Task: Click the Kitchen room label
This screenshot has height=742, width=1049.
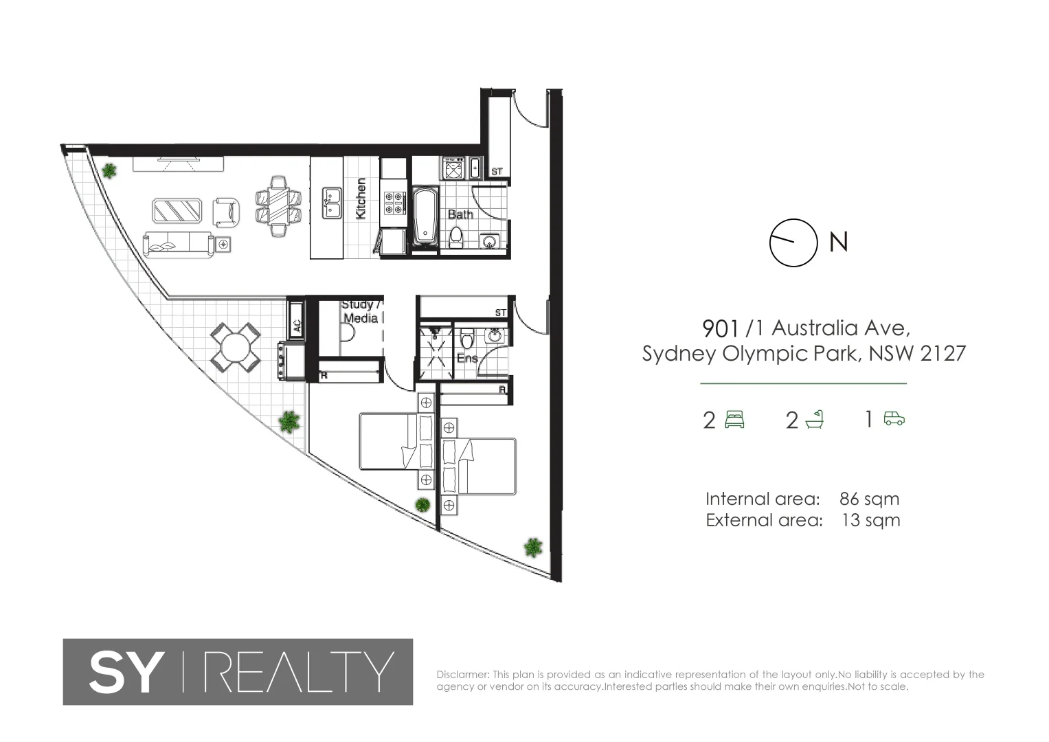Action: pyautogui.click(x=361, y=199)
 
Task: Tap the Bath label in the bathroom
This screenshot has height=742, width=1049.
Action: pyautogui.click(x=460, y=214)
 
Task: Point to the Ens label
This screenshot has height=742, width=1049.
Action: pyautogui.click(x=467, y=358)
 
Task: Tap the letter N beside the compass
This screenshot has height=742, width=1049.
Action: pyautogui.click(x=839, y=243)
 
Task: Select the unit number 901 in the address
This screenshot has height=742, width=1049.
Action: pyautogui.click(x=721, y=328)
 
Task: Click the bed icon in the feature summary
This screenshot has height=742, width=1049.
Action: pyautogui.click(x=734, y=418)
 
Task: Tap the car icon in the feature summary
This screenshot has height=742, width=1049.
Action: pyautogui.click(x=894, y=418)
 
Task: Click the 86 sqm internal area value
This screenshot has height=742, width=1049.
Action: pyautogui.click(x=869, y=499)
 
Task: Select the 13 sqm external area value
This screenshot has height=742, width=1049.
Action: pyautogui.click(x=870, y=520)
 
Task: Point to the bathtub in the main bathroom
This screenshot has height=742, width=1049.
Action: pyautogui.click(x=426, y=216)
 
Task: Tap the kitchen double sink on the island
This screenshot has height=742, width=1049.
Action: pyautogui.click(x=333, y=203)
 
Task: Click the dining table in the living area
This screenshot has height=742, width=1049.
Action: pyautogui.click(x=278, y=206)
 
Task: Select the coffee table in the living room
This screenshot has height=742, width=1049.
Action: pyautogui.click(x=177, y=211)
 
